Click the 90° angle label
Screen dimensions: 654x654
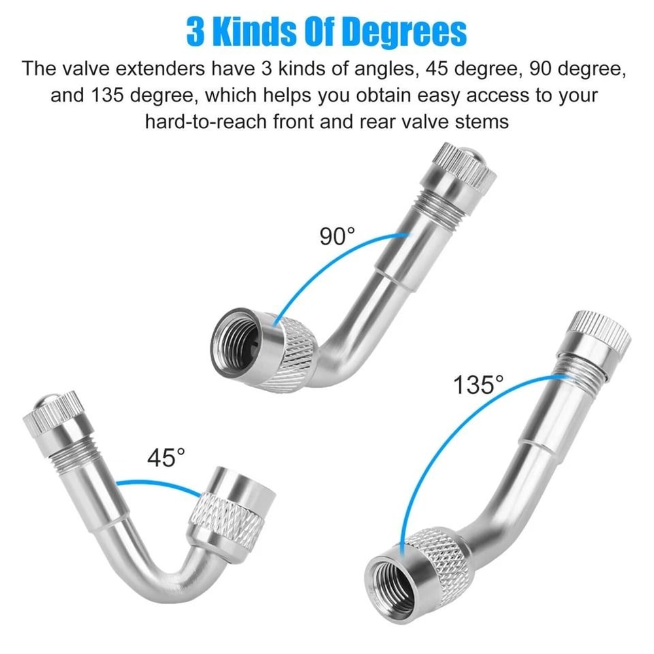point(337,236)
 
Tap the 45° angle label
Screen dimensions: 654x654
point(166,457)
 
